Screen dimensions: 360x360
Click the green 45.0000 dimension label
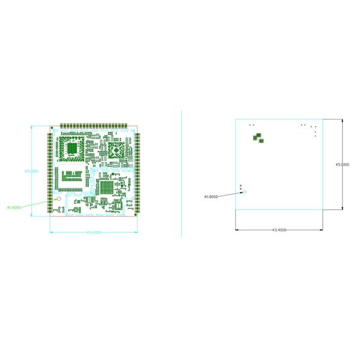[x=31, y=171]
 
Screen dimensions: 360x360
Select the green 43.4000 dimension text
[x=94, y=232]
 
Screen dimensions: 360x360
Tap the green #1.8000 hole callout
[x=14, y=208]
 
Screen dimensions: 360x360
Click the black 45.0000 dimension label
[x=343, y=164]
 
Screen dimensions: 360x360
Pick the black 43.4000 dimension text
[x=279, y=230]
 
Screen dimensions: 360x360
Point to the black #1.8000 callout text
[x=211, y=196]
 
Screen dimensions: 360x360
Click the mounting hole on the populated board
[x=59, y=199]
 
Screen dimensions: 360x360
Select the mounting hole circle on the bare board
[x=245, y=192]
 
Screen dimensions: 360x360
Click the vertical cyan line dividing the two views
[x=181, y=174]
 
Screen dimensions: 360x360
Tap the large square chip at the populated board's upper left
[x=72, y=149]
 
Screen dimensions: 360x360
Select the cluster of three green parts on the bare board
[x=258, y=139]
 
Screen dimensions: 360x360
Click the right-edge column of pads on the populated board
[x=137, y=171]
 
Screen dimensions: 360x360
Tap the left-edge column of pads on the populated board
[x=50, y=171]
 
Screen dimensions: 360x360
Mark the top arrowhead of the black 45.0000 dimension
[x=343, y=120]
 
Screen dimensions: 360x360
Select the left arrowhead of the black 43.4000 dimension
[x=237, y=229]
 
